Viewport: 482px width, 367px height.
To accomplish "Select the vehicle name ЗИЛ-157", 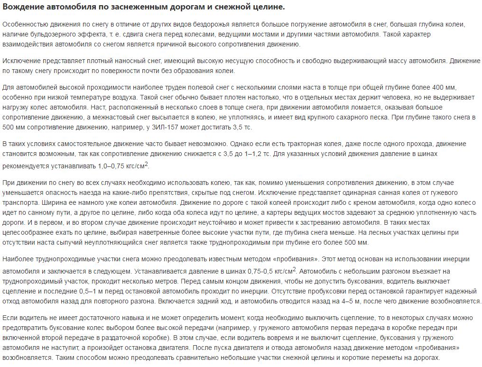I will pyautogui.click(x=171, y=127).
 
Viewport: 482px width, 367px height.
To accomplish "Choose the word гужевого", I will pyautogui.click(x=431, y=193).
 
